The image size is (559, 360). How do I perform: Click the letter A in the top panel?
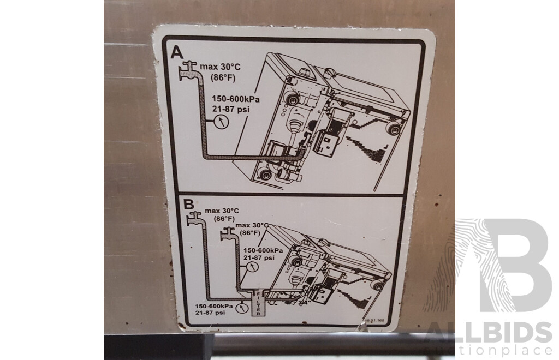pos(177,52)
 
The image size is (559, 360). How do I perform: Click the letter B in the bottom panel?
pos(188,205)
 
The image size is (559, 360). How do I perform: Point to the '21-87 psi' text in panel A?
pos(230,109)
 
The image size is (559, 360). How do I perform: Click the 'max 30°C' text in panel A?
pos(219,67)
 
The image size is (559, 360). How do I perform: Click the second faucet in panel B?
pos(228,235)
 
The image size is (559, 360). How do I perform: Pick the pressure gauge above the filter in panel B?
pos(251,267)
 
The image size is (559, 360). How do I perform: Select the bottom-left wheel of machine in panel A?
pos(265,175)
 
